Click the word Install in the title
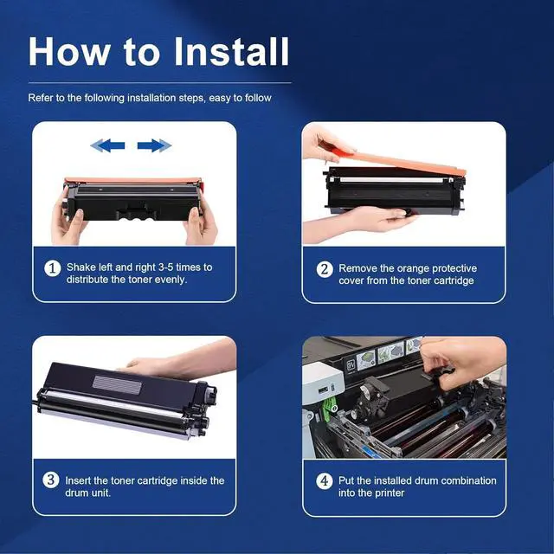pos(232,52)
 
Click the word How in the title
pos(69,52)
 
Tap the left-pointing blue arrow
pos(107,145)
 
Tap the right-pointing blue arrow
pos(154,145)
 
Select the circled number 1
pos(52,268)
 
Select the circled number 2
pos(325,269)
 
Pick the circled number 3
pos(51,480)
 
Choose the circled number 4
pos(324,481)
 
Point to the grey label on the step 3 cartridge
pos(118,384)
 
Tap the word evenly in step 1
pos(171,280)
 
